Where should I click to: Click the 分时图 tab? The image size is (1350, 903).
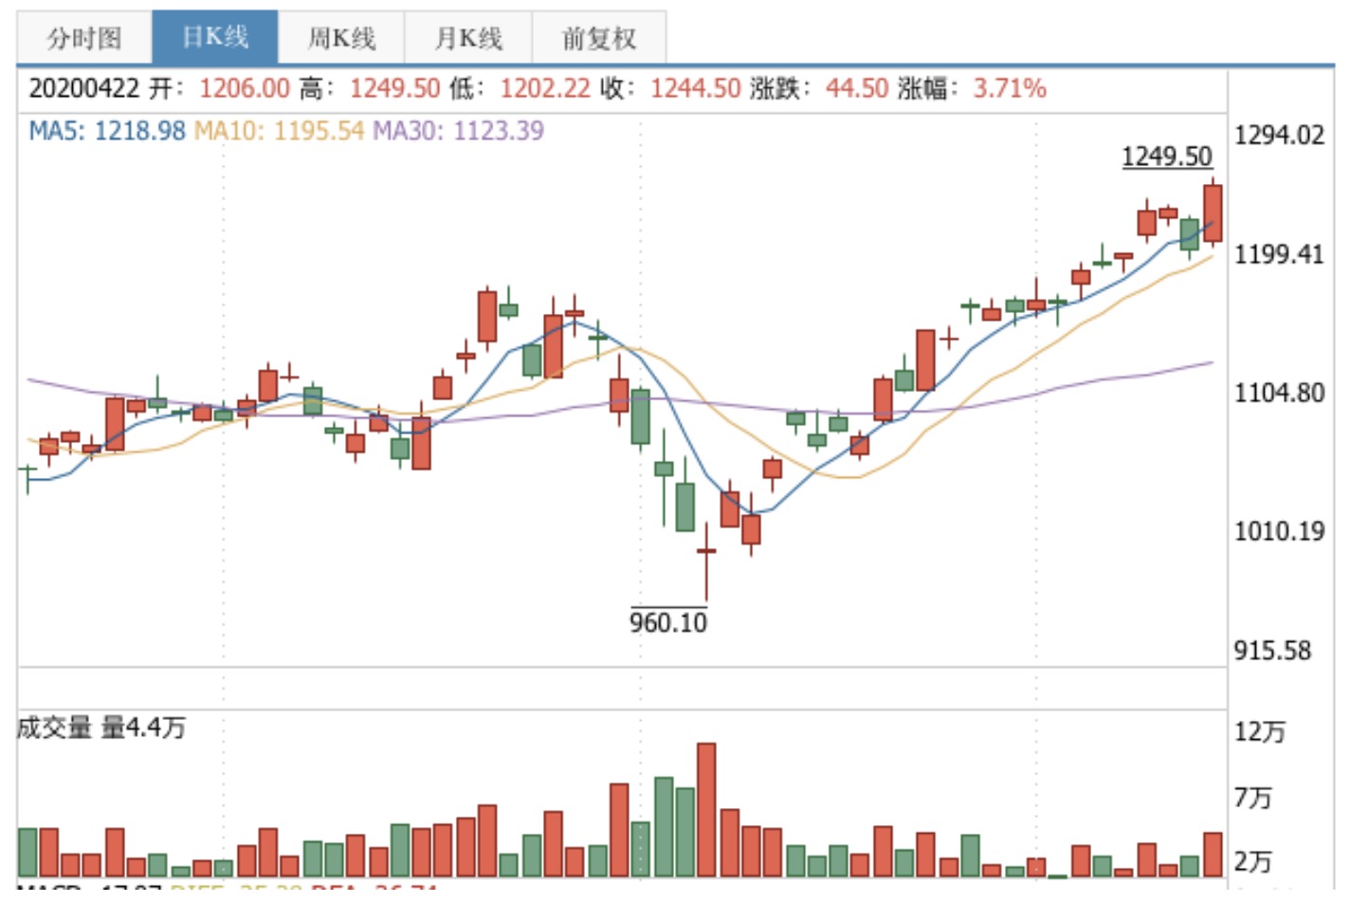pos(84,38)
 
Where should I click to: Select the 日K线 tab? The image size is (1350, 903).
pos(214,37)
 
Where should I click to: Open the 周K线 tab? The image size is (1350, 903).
pos(341,38)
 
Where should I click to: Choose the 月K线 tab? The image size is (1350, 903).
pos(468,38)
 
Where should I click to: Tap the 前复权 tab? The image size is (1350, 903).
pos(598,38)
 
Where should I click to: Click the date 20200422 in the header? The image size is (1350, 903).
pos(84,88)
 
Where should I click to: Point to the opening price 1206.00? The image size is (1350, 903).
pos(244,88)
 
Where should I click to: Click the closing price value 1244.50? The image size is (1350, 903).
pos(695,88)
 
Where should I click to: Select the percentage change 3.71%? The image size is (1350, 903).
pos(1010,88)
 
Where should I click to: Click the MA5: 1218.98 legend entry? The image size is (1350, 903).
pos(107,130)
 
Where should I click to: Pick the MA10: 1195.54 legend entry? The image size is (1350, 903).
pos(279,130)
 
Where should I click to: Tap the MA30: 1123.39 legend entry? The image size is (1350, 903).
pos(458,130)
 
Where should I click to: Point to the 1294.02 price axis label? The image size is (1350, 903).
pos(1279,135)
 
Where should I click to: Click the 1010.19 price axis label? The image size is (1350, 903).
pos(1279,530)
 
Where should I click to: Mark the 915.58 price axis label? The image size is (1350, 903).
pos(1272,651)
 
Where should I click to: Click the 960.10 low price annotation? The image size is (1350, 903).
pos(668,623)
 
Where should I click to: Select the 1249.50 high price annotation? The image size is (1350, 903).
pos(1166,157)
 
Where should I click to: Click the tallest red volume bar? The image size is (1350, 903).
pos(706,809)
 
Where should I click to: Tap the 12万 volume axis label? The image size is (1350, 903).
pos(1260,731)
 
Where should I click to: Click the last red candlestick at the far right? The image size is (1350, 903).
pos(1213,213)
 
